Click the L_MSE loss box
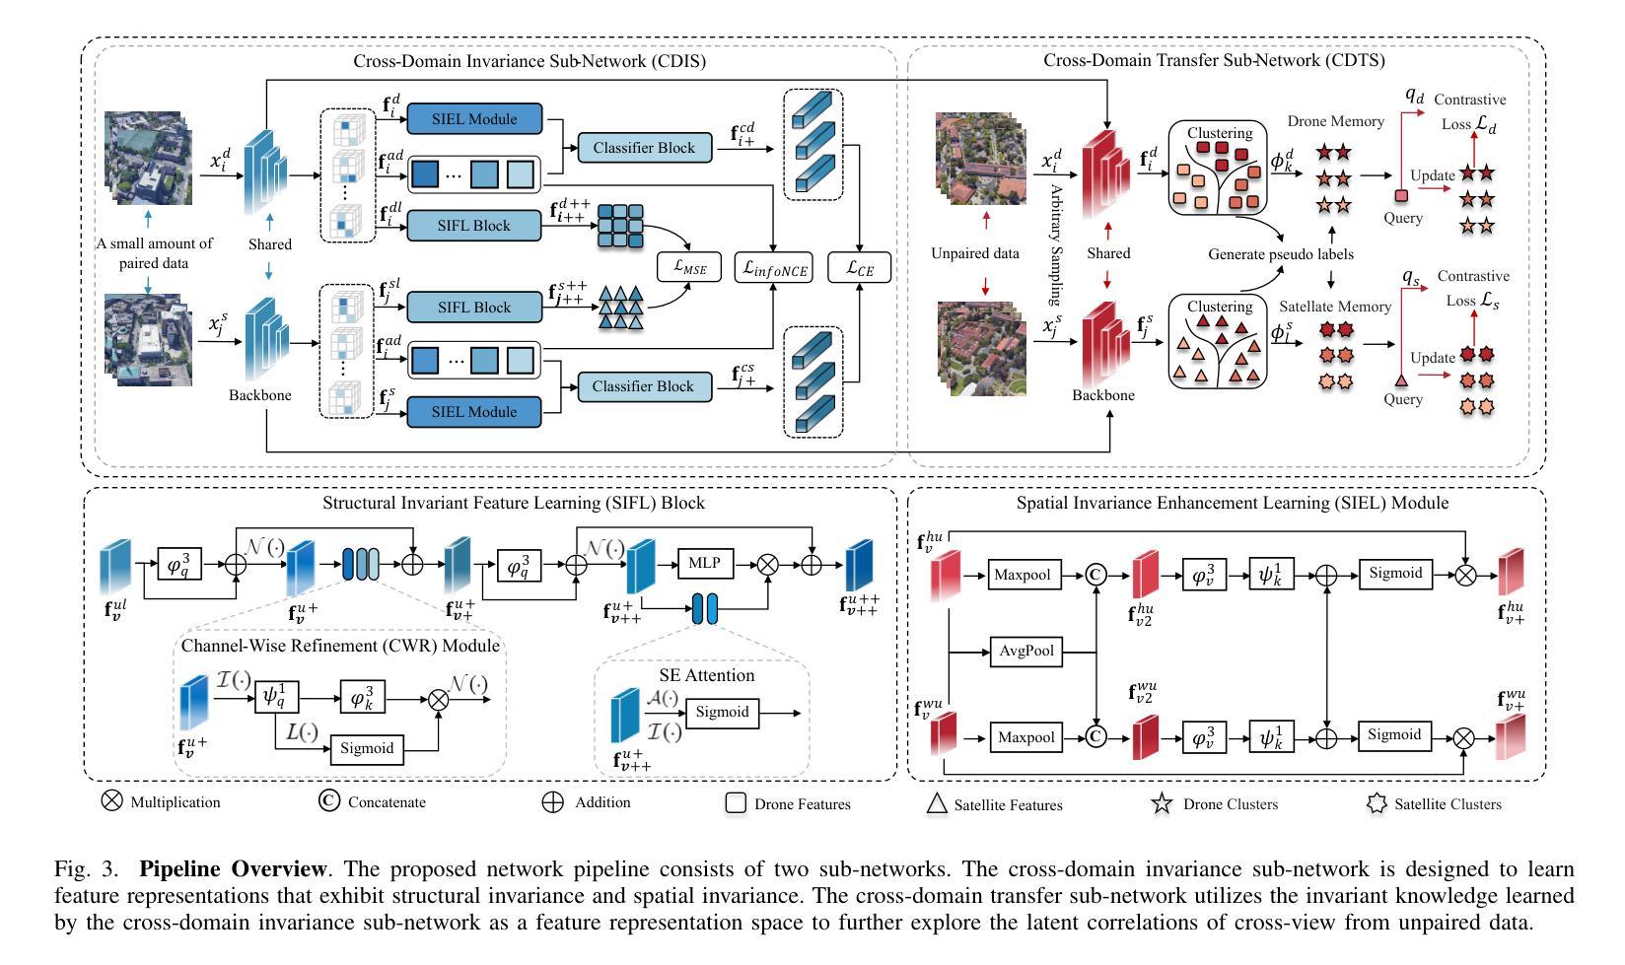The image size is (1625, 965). (689, 267)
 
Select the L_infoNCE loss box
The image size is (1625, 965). (773, 267)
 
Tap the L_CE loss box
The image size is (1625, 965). (860, 267)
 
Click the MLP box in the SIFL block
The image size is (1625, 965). (704, 563)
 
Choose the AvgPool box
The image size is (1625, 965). (1025, 652)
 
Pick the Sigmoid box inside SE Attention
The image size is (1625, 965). (722, 713)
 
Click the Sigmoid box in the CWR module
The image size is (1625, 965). (367, 749)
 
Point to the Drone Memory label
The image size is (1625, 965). (1335, 121)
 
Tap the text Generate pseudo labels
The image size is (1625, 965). (1281, 253)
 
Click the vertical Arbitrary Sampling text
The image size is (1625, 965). (1056, 245)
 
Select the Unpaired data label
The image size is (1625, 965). (975, 253)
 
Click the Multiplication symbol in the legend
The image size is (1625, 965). (111, 800)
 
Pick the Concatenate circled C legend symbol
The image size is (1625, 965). (328, 800)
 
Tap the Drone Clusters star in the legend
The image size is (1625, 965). (1162, 803)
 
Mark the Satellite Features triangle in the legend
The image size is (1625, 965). (937, 804)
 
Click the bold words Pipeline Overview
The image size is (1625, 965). (233, 868)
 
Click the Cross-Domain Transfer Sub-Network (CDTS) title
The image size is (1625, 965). (1215, 60)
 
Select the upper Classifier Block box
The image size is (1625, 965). (644, 148)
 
